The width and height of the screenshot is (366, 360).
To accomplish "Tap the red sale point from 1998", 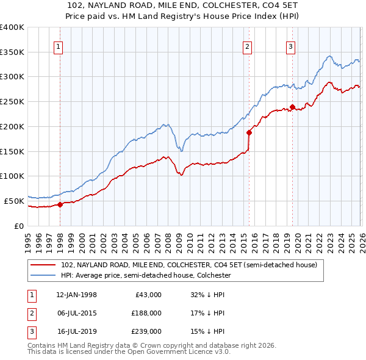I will pyautogui.click(x=60, y=204).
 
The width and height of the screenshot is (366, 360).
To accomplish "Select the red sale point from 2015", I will pyautogui.click(x=249, y=132).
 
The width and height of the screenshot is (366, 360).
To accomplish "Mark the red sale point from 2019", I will pyautogui.click(x=292, y=107).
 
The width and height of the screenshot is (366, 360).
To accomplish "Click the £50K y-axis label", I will pyautogui.click(x=14, y=201).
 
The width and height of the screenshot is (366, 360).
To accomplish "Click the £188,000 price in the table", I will pyautogui.click(x=146, y=313).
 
